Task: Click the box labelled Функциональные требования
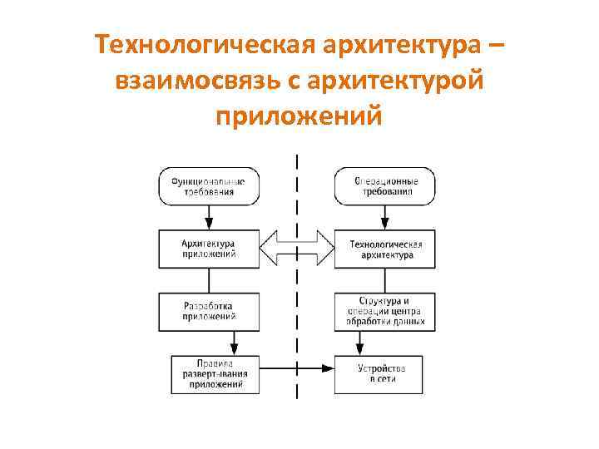point(209,185)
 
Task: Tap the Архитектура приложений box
point(209,249)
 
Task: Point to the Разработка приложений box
point(209,311)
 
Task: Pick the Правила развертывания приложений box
point(215,373)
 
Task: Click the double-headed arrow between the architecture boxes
point(297,247)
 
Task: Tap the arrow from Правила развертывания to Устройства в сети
point(297,367)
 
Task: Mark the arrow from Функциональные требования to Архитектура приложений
point(209,217)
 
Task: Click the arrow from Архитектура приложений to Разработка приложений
point(209,279)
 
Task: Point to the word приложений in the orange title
point(299,116)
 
